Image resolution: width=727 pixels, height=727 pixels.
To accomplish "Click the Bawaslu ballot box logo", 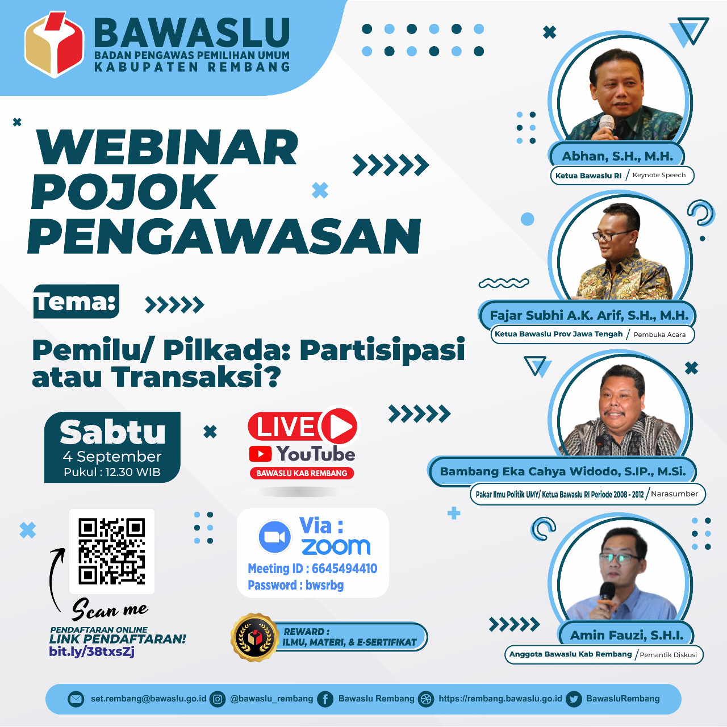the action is pos(54,44).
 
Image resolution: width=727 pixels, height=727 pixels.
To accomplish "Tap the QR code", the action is pos(112,551).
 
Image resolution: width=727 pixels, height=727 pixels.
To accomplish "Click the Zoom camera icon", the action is pos(275,537).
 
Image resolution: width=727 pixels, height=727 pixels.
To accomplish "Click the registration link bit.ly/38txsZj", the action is pos(91,651).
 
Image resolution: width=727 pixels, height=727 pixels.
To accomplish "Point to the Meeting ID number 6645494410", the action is pos(344,569).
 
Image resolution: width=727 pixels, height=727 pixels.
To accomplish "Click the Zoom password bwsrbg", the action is pos(324,585).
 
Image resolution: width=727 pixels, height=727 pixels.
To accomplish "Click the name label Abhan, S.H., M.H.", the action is pos(617,156).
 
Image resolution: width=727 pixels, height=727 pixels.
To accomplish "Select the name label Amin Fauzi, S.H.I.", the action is pos(626,636).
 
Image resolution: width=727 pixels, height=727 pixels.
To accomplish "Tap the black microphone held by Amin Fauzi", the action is pos(607,591).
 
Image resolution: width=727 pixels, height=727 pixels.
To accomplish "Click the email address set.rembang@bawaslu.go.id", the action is pos(149,699).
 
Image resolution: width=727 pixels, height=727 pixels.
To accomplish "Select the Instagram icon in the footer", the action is pos(218,699).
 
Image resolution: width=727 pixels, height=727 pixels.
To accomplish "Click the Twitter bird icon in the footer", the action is pos(574,699).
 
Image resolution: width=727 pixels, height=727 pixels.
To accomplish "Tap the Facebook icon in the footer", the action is pos(325,699).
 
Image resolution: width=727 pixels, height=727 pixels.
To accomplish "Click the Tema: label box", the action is pos(76,302).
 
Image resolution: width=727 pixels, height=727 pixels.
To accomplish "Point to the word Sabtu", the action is pos(112,432).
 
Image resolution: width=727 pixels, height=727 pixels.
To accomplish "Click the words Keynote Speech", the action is pos(659,175).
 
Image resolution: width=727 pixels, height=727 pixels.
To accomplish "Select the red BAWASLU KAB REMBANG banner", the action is pos(302,473).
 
